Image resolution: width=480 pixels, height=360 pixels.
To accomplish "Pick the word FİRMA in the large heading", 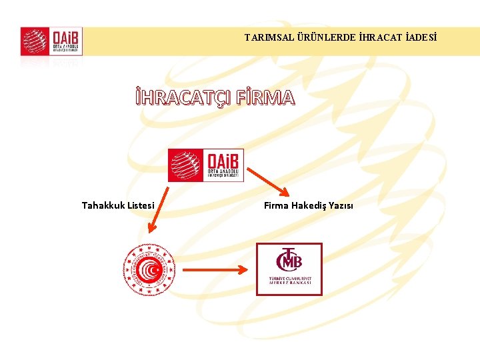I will [265, 97].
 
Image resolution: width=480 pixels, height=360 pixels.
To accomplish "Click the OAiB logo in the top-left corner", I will [51, 41].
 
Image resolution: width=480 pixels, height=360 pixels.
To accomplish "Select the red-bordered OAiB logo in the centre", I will [206, 165].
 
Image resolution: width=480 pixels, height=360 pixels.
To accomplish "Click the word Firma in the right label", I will [277, 205].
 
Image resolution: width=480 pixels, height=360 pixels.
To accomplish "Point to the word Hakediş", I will [309, 205].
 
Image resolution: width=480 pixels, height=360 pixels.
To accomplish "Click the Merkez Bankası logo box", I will [289, 269].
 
